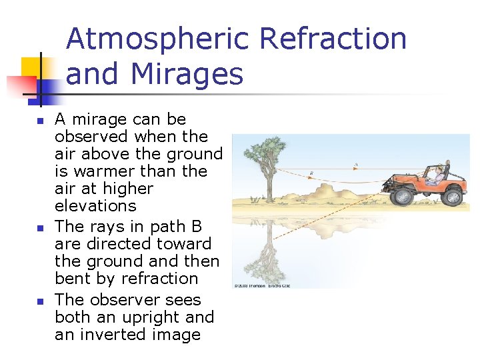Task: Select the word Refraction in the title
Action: coord(333,39)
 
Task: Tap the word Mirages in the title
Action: coord(188,74)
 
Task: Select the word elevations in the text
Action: coord(95,206)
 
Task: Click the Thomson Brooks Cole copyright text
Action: coord(261,286)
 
